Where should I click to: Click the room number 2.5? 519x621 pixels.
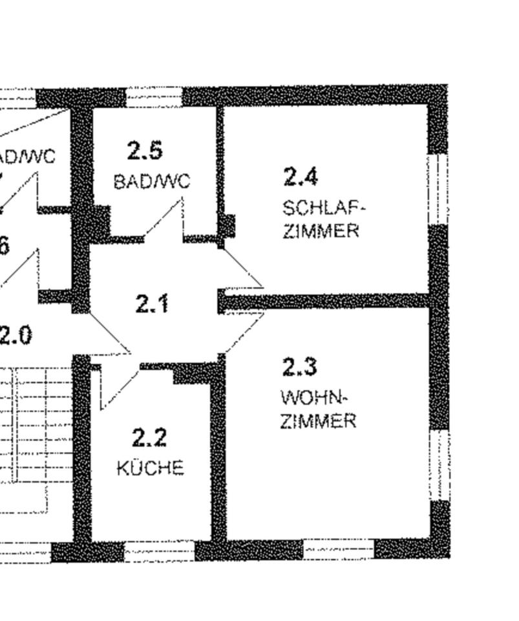[x=145, y=151]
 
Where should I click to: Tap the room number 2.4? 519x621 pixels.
[x=301, y=176]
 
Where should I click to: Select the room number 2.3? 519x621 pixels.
[x=299, y=367]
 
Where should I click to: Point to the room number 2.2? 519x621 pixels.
[x=149, y=438]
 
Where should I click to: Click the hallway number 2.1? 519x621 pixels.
[x=153, y=303]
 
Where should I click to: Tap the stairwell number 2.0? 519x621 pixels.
[x=16, y=336]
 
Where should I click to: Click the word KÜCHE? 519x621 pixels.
[x=150, y=467]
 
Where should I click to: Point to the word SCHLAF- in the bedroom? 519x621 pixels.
[x=324, y=208]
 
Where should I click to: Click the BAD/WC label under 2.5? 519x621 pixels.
[x=153, y=182]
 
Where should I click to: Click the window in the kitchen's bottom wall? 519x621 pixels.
[x=158, y=552]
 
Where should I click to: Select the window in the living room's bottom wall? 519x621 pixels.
[x=339, y=550]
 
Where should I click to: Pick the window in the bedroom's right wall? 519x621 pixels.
[x=439, y=188]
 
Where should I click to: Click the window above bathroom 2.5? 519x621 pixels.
[x=154, y=97]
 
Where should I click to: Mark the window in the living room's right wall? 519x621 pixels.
[x=440, y=464]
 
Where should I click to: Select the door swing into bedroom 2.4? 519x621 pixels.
[x=242, y=268]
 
